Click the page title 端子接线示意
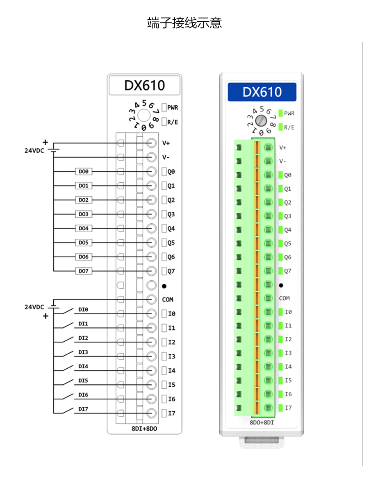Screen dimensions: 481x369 point(184,23)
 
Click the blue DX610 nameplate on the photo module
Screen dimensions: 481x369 point(262,92)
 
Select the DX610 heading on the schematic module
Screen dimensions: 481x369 point(144,85)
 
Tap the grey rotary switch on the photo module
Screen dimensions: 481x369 point(261,120)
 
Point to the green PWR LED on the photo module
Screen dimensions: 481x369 point(281,113)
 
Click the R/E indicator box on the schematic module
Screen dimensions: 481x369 point(164,122)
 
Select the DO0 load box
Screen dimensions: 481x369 point(84,172)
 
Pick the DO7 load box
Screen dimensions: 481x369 point(84,271)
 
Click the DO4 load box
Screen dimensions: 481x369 point(84,229)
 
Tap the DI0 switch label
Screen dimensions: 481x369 point(83,310)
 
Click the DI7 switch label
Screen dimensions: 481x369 point(83,409)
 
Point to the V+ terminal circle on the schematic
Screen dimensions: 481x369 point(151,143)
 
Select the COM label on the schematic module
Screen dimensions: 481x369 point(168,299)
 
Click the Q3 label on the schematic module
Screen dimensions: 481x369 point(171,214)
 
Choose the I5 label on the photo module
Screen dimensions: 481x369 point(288,380)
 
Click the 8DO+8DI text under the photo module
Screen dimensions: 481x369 point(262,422)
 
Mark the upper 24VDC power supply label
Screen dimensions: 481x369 point(34,150)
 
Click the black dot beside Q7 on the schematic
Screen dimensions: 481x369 point(164,286)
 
